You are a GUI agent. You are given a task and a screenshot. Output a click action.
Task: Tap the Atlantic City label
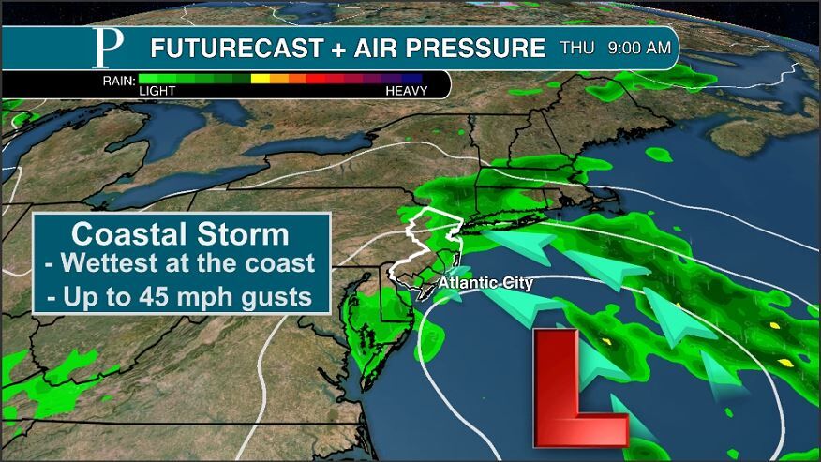(x=485, y=281)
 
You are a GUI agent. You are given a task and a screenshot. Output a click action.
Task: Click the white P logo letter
(x=104, y=48)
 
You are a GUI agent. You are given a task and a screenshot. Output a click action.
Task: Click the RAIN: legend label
(x=118, y=80)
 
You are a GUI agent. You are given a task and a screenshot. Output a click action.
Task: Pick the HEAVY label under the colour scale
(x=406, y=92)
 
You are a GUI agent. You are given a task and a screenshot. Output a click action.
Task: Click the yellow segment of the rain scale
(x=261, y=80)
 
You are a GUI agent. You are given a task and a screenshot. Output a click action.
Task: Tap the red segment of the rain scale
(x=319, y=80)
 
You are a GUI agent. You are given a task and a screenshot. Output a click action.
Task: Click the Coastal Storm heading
(x=181, y=233)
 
